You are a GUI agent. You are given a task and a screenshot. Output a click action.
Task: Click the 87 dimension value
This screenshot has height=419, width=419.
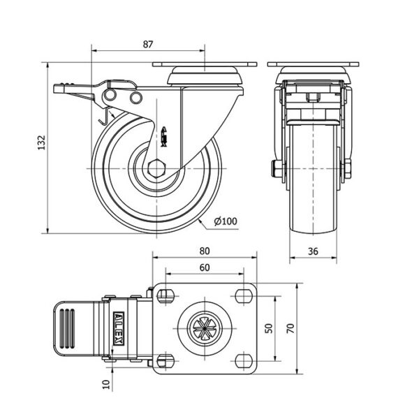[x=147, y=43]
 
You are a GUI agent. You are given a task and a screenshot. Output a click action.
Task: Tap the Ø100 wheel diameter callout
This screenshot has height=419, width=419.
[x=226, y=221]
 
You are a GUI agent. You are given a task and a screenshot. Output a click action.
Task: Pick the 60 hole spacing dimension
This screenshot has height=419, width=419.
[x=205, y=267]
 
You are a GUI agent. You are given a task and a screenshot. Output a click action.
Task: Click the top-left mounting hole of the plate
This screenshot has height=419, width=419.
[x=166, y=295]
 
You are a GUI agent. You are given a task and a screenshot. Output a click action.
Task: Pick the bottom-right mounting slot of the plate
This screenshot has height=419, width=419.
[x=244, y=360]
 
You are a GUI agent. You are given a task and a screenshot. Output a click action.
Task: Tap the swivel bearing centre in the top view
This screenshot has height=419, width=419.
[x=205, y=328]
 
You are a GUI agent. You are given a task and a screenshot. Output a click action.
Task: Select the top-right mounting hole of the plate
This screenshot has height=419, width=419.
[x=244, y=295]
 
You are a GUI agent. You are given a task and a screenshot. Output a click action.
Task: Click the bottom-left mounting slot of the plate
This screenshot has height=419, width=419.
[x=166, y=360]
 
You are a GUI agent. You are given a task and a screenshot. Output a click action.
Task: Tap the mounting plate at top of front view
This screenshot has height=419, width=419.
[x=311, y=66]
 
